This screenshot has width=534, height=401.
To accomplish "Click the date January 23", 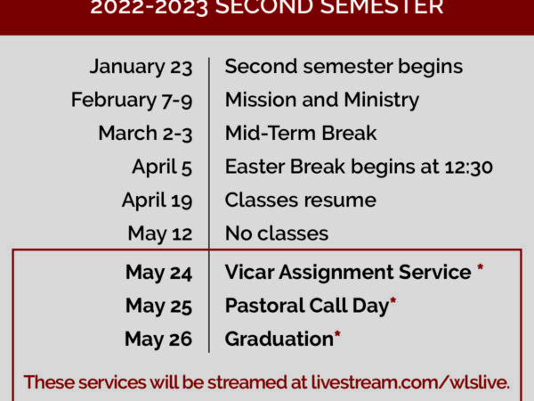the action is click(x=141, y=67).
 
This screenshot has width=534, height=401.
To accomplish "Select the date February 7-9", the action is click(x=132, y=100).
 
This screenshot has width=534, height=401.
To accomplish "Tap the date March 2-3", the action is click(x=145, y=134).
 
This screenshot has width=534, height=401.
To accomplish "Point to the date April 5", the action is click(x=162, y=168).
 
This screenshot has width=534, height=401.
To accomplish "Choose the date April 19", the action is click(x=158, y=200).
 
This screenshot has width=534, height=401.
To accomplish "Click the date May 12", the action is click(x=160, y=233).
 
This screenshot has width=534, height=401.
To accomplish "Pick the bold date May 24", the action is click(x=159, y=273).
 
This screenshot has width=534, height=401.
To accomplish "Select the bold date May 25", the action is click(x=159, y=306).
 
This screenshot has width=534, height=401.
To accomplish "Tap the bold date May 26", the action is click(x=158, y=339).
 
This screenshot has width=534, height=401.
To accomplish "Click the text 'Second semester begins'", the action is click(x=344, y=67).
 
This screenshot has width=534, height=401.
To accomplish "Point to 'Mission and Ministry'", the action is click(x=322, y=100).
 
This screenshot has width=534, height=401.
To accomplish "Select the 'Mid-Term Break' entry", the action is click(x=301, y=133).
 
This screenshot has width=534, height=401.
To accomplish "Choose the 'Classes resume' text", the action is click(x=301, y=200).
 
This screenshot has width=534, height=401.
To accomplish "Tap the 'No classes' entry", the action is click(x=277, y=233).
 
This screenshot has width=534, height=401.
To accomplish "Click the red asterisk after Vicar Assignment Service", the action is click(x=481, y=267).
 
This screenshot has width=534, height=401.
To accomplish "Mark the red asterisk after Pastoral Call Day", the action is click(x=392, y=301).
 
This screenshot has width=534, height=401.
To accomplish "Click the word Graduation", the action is click(x=279, y=339).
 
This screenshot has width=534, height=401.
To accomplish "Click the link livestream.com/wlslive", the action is click(x=410, y=382).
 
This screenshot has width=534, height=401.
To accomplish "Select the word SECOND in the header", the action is click(x=264, y=7).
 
